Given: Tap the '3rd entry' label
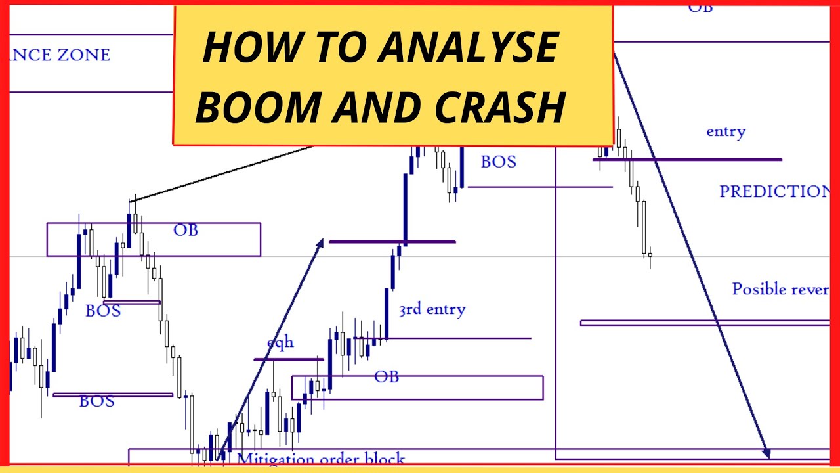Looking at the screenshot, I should [431, 309].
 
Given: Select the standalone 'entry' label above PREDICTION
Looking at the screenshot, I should [725, 131].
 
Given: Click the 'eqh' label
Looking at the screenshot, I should [280, 342].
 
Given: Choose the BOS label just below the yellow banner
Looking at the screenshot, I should [498, 162].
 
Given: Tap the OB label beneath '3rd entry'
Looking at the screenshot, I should [387, 377].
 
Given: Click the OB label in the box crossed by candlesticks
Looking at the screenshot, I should [186, 230].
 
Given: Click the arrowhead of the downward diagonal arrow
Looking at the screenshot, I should [766, 453].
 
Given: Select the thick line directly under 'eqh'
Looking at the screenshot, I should [289, 359].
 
